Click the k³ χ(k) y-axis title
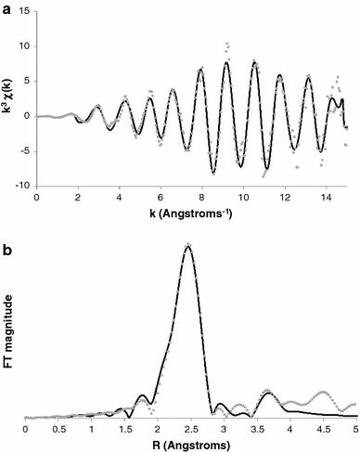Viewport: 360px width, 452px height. point(8,98)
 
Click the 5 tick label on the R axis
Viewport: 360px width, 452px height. point(355,430)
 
